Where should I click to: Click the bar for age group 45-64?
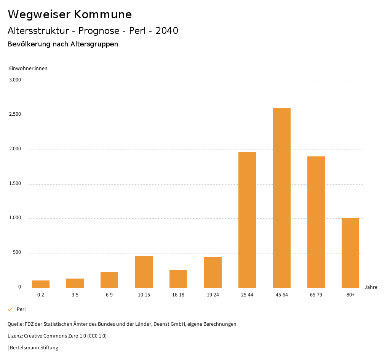coord(282,198)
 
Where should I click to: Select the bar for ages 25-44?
coord(247,220)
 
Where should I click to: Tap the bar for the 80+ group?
coord(350,253)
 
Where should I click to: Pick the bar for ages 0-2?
coord(41,284)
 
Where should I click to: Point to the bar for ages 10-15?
coord(144,272)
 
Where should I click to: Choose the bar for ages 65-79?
coord(316,222)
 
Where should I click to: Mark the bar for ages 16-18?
coord(178,279)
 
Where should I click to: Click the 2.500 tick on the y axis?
coord(15,115)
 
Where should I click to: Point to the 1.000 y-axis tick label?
coord(15,218)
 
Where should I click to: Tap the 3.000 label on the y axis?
coord(15,80)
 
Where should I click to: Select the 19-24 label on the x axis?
coord(213,295)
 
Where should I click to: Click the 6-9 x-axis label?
coord(109,295)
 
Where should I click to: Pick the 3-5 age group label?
coord(75,295)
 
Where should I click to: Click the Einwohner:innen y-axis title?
coord(28,68)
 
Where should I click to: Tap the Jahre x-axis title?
coord(371,287)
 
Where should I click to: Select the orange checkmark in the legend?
coord(10,309)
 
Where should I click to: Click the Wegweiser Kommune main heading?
coord(70,14)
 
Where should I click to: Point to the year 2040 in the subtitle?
coord(167,31)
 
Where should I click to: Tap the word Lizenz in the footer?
coord(15,336)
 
